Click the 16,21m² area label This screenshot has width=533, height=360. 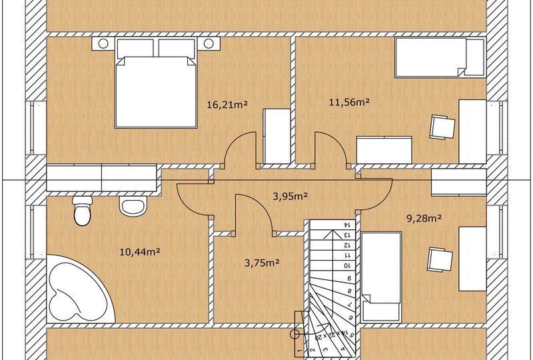pos(227,105)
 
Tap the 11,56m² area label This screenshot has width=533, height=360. pos(349,102)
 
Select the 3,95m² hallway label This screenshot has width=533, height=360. pos(290,196)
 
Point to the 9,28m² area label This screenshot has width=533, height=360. pos(424,218)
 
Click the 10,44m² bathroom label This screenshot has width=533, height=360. pos(140,252)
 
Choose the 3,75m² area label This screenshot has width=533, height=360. pos(262,263)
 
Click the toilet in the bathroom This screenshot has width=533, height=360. pos(82,210)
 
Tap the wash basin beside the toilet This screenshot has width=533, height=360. pos(133,206)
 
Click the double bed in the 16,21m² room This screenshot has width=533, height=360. pos(156,83)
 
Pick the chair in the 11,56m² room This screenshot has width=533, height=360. pos(442,127)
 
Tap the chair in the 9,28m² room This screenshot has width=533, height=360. pos(440,259)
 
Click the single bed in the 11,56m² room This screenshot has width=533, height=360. pos(440,57)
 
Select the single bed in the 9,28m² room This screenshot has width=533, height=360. pos(381,277)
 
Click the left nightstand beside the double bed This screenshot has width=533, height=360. pos(103,43)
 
